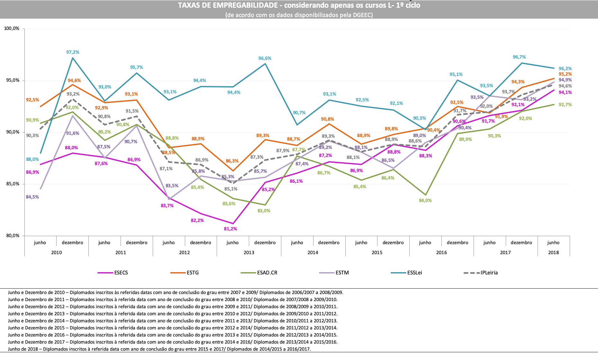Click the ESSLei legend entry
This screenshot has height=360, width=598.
pos(414,273)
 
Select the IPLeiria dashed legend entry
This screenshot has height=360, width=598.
pos(489,273)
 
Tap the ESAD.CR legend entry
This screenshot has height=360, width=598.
pos(267,273)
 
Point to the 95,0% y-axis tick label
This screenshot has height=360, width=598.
pos(12,80)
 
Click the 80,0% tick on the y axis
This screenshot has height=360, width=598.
pos(12,235)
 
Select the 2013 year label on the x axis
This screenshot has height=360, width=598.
pos(249,253)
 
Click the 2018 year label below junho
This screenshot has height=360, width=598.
pos(553,253)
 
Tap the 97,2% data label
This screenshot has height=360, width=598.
pos(73,52)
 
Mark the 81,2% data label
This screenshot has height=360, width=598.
pos(230,229)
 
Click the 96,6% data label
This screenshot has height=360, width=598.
pos(265,58)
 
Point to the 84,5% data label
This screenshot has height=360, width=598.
pos(32,197)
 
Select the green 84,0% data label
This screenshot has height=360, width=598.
pos(425,200)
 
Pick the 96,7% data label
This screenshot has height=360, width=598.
pos(519,57)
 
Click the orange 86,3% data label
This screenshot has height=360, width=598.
pos(232,161)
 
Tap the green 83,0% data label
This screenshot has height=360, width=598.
pos(264,211)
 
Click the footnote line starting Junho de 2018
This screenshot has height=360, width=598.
pos(159,349)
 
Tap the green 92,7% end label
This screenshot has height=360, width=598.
pos(565,105)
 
